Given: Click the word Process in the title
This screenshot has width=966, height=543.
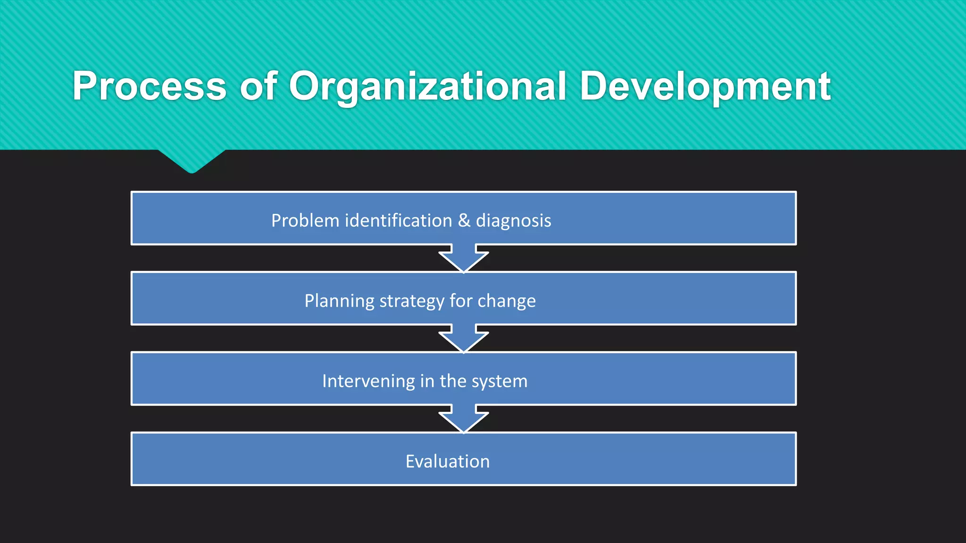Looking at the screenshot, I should (150, 86).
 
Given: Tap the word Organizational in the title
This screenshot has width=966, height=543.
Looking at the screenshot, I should (427, 87).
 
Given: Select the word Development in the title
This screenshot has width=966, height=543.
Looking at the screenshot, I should (705, 86).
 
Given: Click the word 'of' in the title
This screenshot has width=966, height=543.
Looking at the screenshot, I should (258, 86).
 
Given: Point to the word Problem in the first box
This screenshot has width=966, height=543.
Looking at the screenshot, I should (305, 221).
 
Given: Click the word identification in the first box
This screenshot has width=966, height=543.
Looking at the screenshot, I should (399, 221).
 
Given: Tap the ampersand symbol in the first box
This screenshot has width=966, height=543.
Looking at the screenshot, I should (464, 221).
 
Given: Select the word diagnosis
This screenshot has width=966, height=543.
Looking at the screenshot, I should (513, 221).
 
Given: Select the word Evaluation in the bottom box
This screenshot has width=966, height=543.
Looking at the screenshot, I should (448, 461).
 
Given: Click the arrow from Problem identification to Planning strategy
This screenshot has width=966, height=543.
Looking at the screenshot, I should (464, 259).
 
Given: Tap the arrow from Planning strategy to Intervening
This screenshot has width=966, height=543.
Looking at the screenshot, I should (464, 339).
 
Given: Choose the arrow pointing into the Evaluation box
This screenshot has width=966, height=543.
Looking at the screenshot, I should (464, 419).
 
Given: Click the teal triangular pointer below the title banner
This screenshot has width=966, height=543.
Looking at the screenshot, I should (192, 160).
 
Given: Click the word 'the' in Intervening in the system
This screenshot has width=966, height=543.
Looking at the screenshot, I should (453, 381).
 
